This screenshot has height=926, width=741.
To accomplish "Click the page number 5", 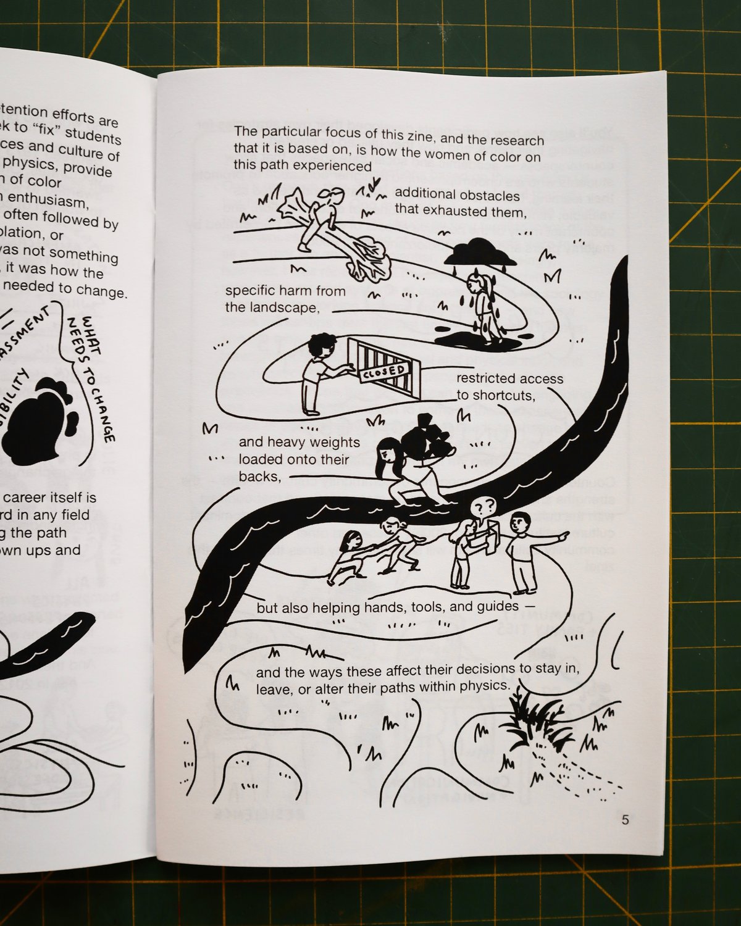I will pos(626,820).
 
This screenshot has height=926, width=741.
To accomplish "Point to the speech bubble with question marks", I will pos(484,507).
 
